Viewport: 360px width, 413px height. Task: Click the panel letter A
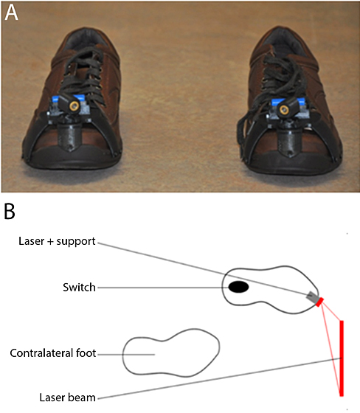pos(11,14)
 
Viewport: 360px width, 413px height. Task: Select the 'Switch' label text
pos(80,288)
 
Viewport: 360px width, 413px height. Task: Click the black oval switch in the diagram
pos(238,287)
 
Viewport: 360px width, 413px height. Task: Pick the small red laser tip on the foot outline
pos(318,301)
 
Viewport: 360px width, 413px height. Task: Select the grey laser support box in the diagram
pos(311,296)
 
